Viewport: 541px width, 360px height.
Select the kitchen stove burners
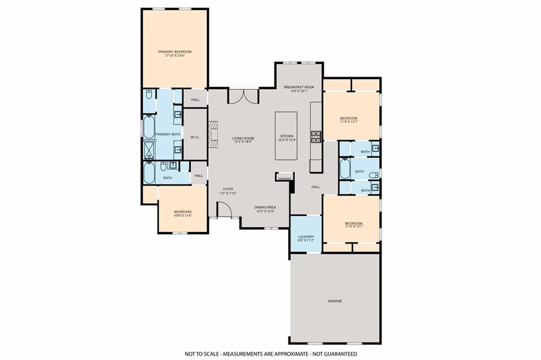(x=316, y=136)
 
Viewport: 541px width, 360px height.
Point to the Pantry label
(x=285, y=179)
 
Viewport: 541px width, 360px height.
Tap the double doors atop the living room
(x=243, y=96)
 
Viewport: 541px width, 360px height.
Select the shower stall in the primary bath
(x=148, y=150)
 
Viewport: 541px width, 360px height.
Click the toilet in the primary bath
(x=149, y=95)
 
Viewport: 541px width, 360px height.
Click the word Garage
(x=335, y=301)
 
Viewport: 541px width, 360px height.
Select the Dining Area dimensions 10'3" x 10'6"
(x=265, y=211)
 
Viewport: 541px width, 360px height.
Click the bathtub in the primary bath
(x=148, y=127)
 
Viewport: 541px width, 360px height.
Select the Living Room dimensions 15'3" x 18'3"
(x=243, y=142)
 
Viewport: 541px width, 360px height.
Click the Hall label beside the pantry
(x=315, y=187)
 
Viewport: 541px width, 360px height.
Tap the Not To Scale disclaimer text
(x=270, y=354)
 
